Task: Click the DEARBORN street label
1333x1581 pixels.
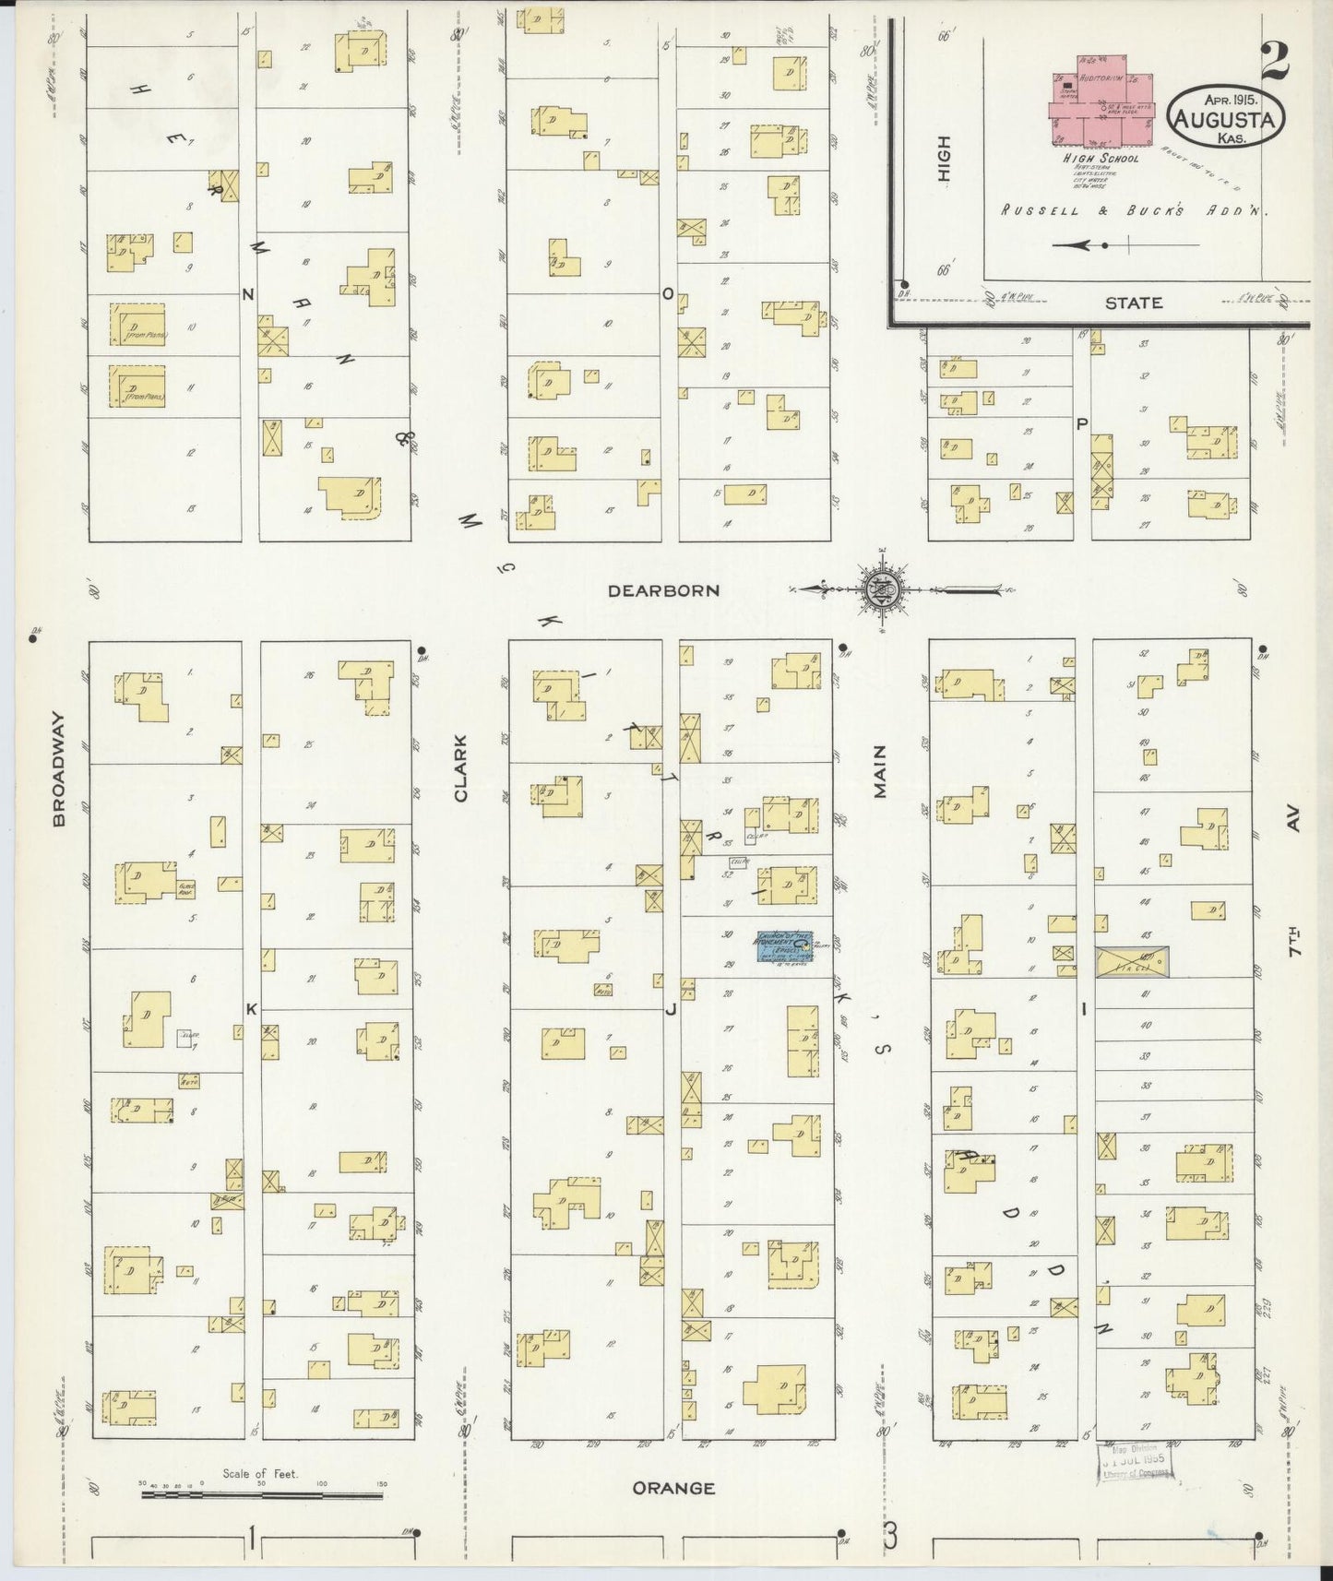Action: [x=662, y=590]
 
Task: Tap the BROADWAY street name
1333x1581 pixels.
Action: [x=60, y=768]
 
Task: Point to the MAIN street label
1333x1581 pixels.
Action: [x=879, y=771]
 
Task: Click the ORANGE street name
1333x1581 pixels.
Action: [x=673, y=1488]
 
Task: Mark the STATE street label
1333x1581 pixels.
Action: [x=1134, y=303]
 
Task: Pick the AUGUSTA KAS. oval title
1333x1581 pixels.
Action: [x=1226, y=118]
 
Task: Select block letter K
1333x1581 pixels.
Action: [x=250, y=1009]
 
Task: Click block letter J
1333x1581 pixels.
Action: [x=671, y=1009]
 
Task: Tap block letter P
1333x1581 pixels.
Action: [x=1082, y=424]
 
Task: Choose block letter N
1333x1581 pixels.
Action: [x=247, y=294]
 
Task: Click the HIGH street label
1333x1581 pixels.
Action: [x=943, y=159]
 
